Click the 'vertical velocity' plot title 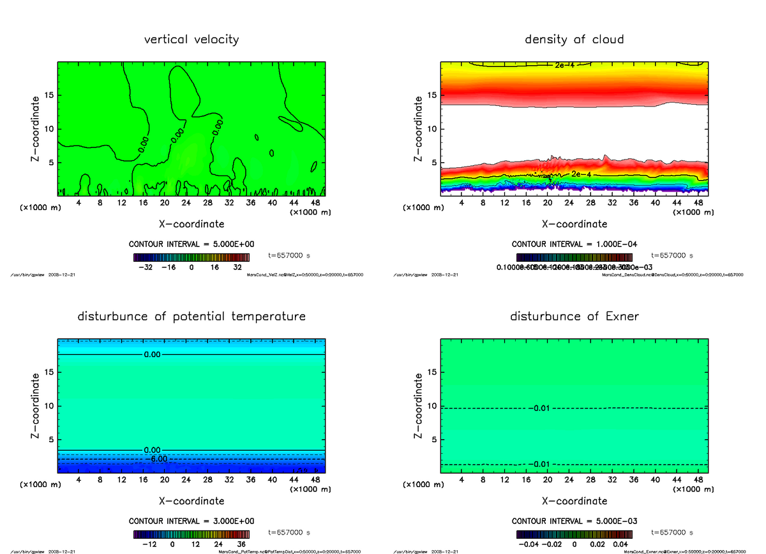pos(191,40)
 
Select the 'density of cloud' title pos(574,40)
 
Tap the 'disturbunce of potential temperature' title pos(191,317)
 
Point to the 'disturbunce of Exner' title pos(574,317)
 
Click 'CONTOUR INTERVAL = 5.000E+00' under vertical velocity pos(191,244)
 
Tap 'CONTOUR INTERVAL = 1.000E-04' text pos(574,244)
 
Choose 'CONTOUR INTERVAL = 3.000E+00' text pos(191,521)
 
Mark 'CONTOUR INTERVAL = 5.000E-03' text pos(574,521)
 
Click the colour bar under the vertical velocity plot pos(191,257)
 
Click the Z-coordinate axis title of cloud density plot pos(419,129)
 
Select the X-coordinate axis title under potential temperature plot pos(191,501)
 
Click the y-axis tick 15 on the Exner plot pos(432,373)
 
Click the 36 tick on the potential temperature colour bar pos(241,544)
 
